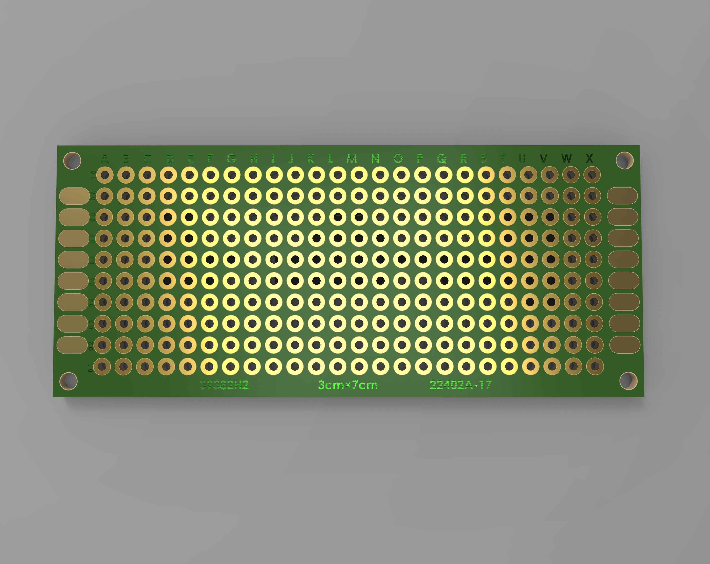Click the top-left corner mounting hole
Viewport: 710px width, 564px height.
pos(72,161)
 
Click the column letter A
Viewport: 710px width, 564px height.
pos(105,159)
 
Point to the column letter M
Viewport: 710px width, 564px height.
pos(352,159)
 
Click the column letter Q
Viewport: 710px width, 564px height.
pos(442,159)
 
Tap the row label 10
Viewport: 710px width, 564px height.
pos(93,175)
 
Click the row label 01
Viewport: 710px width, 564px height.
pos(90,368)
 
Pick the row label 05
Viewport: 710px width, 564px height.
pos(92,281)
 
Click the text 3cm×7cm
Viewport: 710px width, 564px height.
pos(348,385)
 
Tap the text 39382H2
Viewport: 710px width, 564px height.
pos(224,385)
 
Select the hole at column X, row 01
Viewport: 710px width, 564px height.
pos(595,366)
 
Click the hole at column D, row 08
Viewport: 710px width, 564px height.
pos(168,217)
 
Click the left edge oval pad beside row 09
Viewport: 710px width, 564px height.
pos(74,196)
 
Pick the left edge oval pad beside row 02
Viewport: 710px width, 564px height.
pos(72,345)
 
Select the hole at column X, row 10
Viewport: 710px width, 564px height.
pos(592,175)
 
